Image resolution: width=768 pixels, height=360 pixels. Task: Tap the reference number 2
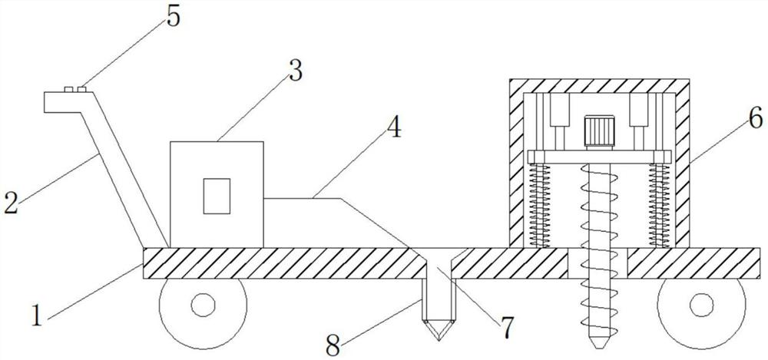pos(12,203)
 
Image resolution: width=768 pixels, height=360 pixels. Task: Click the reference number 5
pos(172,17)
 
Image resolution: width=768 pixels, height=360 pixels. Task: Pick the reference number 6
pos(754,118)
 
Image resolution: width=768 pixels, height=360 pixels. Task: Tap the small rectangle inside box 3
pos(217,195)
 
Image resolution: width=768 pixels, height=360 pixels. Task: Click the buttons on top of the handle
pos(74,89)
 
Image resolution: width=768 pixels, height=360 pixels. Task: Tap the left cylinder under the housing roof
pos(558,112)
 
